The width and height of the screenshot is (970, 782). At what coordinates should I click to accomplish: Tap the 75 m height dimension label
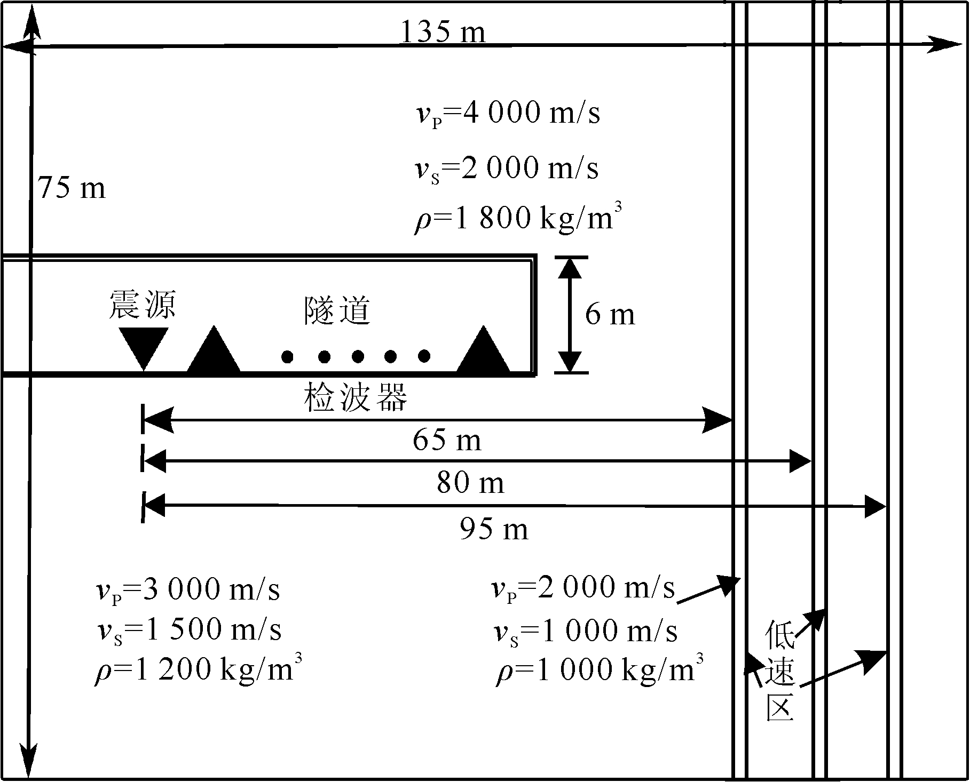pyautogui.click(x=72, y=188)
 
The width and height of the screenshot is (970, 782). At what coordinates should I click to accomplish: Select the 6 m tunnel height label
pyautogui.click(x=610, y=315)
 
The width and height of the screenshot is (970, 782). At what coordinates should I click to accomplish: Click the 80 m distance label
pyautogui.click(x=470, y=483)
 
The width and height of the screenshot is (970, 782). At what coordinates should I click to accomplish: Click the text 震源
pyautogui.click(x=142, y=305)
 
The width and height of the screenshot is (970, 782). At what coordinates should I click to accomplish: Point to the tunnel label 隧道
pyautogui.click(x=337, y=310)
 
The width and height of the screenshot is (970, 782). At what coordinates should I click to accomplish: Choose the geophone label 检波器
pyautogui.click(x=356, y=398)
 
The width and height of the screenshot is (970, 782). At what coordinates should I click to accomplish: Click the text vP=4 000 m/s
pyautogui.click(x=508, y=114)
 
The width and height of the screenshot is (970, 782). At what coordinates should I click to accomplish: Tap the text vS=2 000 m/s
pyautogui.click(x=507, y=169)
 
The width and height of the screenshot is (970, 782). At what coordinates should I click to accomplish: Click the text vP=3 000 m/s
pyautogui.click(x=187, y=590)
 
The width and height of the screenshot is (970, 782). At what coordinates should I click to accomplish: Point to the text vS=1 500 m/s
pyautogui.click(x=188, y=630)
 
